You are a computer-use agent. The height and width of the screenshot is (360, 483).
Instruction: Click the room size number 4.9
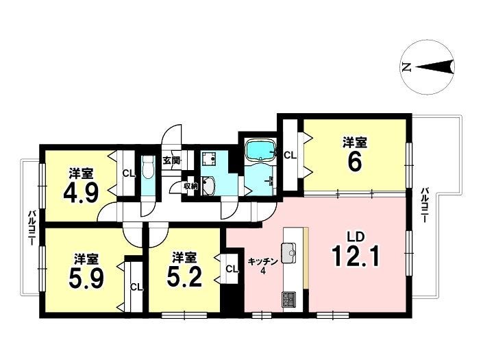(81, 193)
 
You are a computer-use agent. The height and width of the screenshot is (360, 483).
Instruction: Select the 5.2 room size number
(184, 276)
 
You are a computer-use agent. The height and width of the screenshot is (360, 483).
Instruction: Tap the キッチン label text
(263, 261)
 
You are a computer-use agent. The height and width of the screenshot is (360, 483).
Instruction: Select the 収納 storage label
(190, 186)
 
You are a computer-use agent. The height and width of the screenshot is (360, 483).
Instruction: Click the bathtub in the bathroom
(260, 150)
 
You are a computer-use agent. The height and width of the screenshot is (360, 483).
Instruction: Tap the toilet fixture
(148, 167)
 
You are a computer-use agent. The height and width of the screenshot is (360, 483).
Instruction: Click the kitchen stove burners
(288, 299)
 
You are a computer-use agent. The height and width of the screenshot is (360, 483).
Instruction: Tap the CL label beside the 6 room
(290, 156)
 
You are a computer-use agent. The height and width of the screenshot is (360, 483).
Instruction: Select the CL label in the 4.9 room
(129, 173)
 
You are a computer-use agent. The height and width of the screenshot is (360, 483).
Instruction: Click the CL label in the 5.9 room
(136, 287)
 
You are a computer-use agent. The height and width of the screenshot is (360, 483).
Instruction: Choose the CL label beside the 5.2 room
(232, 269)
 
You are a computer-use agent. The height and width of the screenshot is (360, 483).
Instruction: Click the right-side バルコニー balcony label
(425, 205)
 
